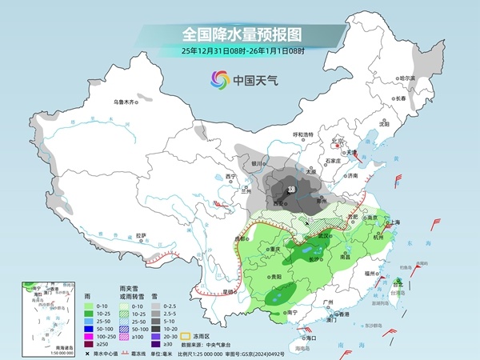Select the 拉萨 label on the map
pyautogui.click(x=141, y=235)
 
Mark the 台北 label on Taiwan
pyautogui.click(x=398, y=283)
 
